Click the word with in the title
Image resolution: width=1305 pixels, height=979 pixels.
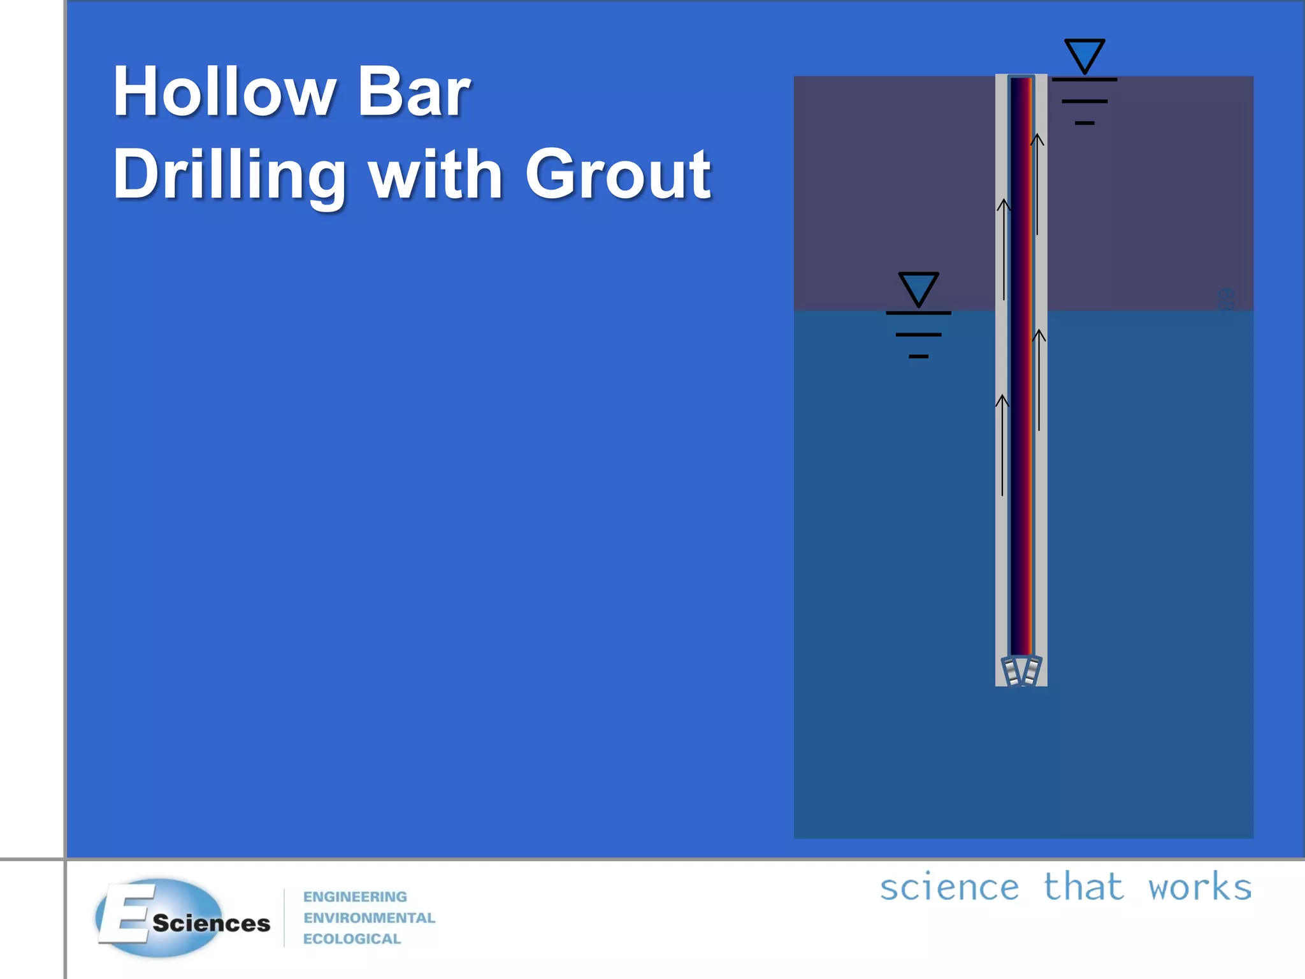(436, 174)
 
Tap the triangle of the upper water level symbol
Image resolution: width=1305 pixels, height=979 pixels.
(1085, 55)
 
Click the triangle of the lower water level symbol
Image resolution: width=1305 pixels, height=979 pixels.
(918, 288)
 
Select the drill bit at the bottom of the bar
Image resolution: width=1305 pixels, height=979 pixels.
(1021, 671)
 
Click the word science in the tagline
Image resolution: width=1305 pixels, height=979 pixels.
(949, 887)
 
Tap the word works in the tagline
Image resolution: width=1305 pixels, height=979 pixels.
(1200, 887)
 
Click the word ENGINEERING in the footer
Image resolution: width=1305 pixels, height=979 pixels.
(355, 897)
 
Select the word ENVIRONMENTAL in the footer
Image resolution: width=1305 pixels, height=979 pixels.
(369, 918)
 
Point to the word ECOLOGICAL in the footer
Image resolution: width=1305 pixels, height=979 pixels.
(352, 939)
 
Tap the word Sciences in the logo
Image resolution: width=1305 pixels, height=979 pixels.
(211, 924)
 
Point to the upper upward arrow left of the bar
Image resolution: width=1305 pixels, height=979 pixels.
(1004, 249)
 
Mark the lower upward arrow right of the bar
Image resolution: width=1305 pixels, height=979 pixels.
(1039, 379)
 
